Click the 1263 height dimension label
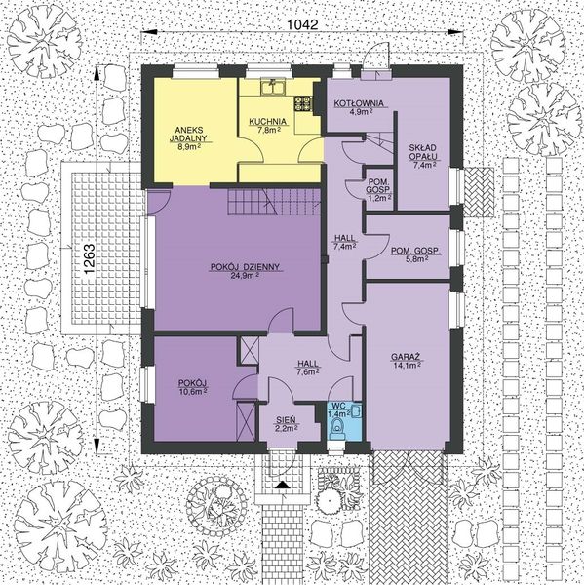coord(90,263)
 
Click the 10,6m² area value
coord(191,393)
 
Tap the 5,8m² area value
coord(413,260)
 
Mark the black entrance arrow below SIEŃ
coord(282,482)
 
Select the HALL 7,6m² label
coord(309,366)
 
